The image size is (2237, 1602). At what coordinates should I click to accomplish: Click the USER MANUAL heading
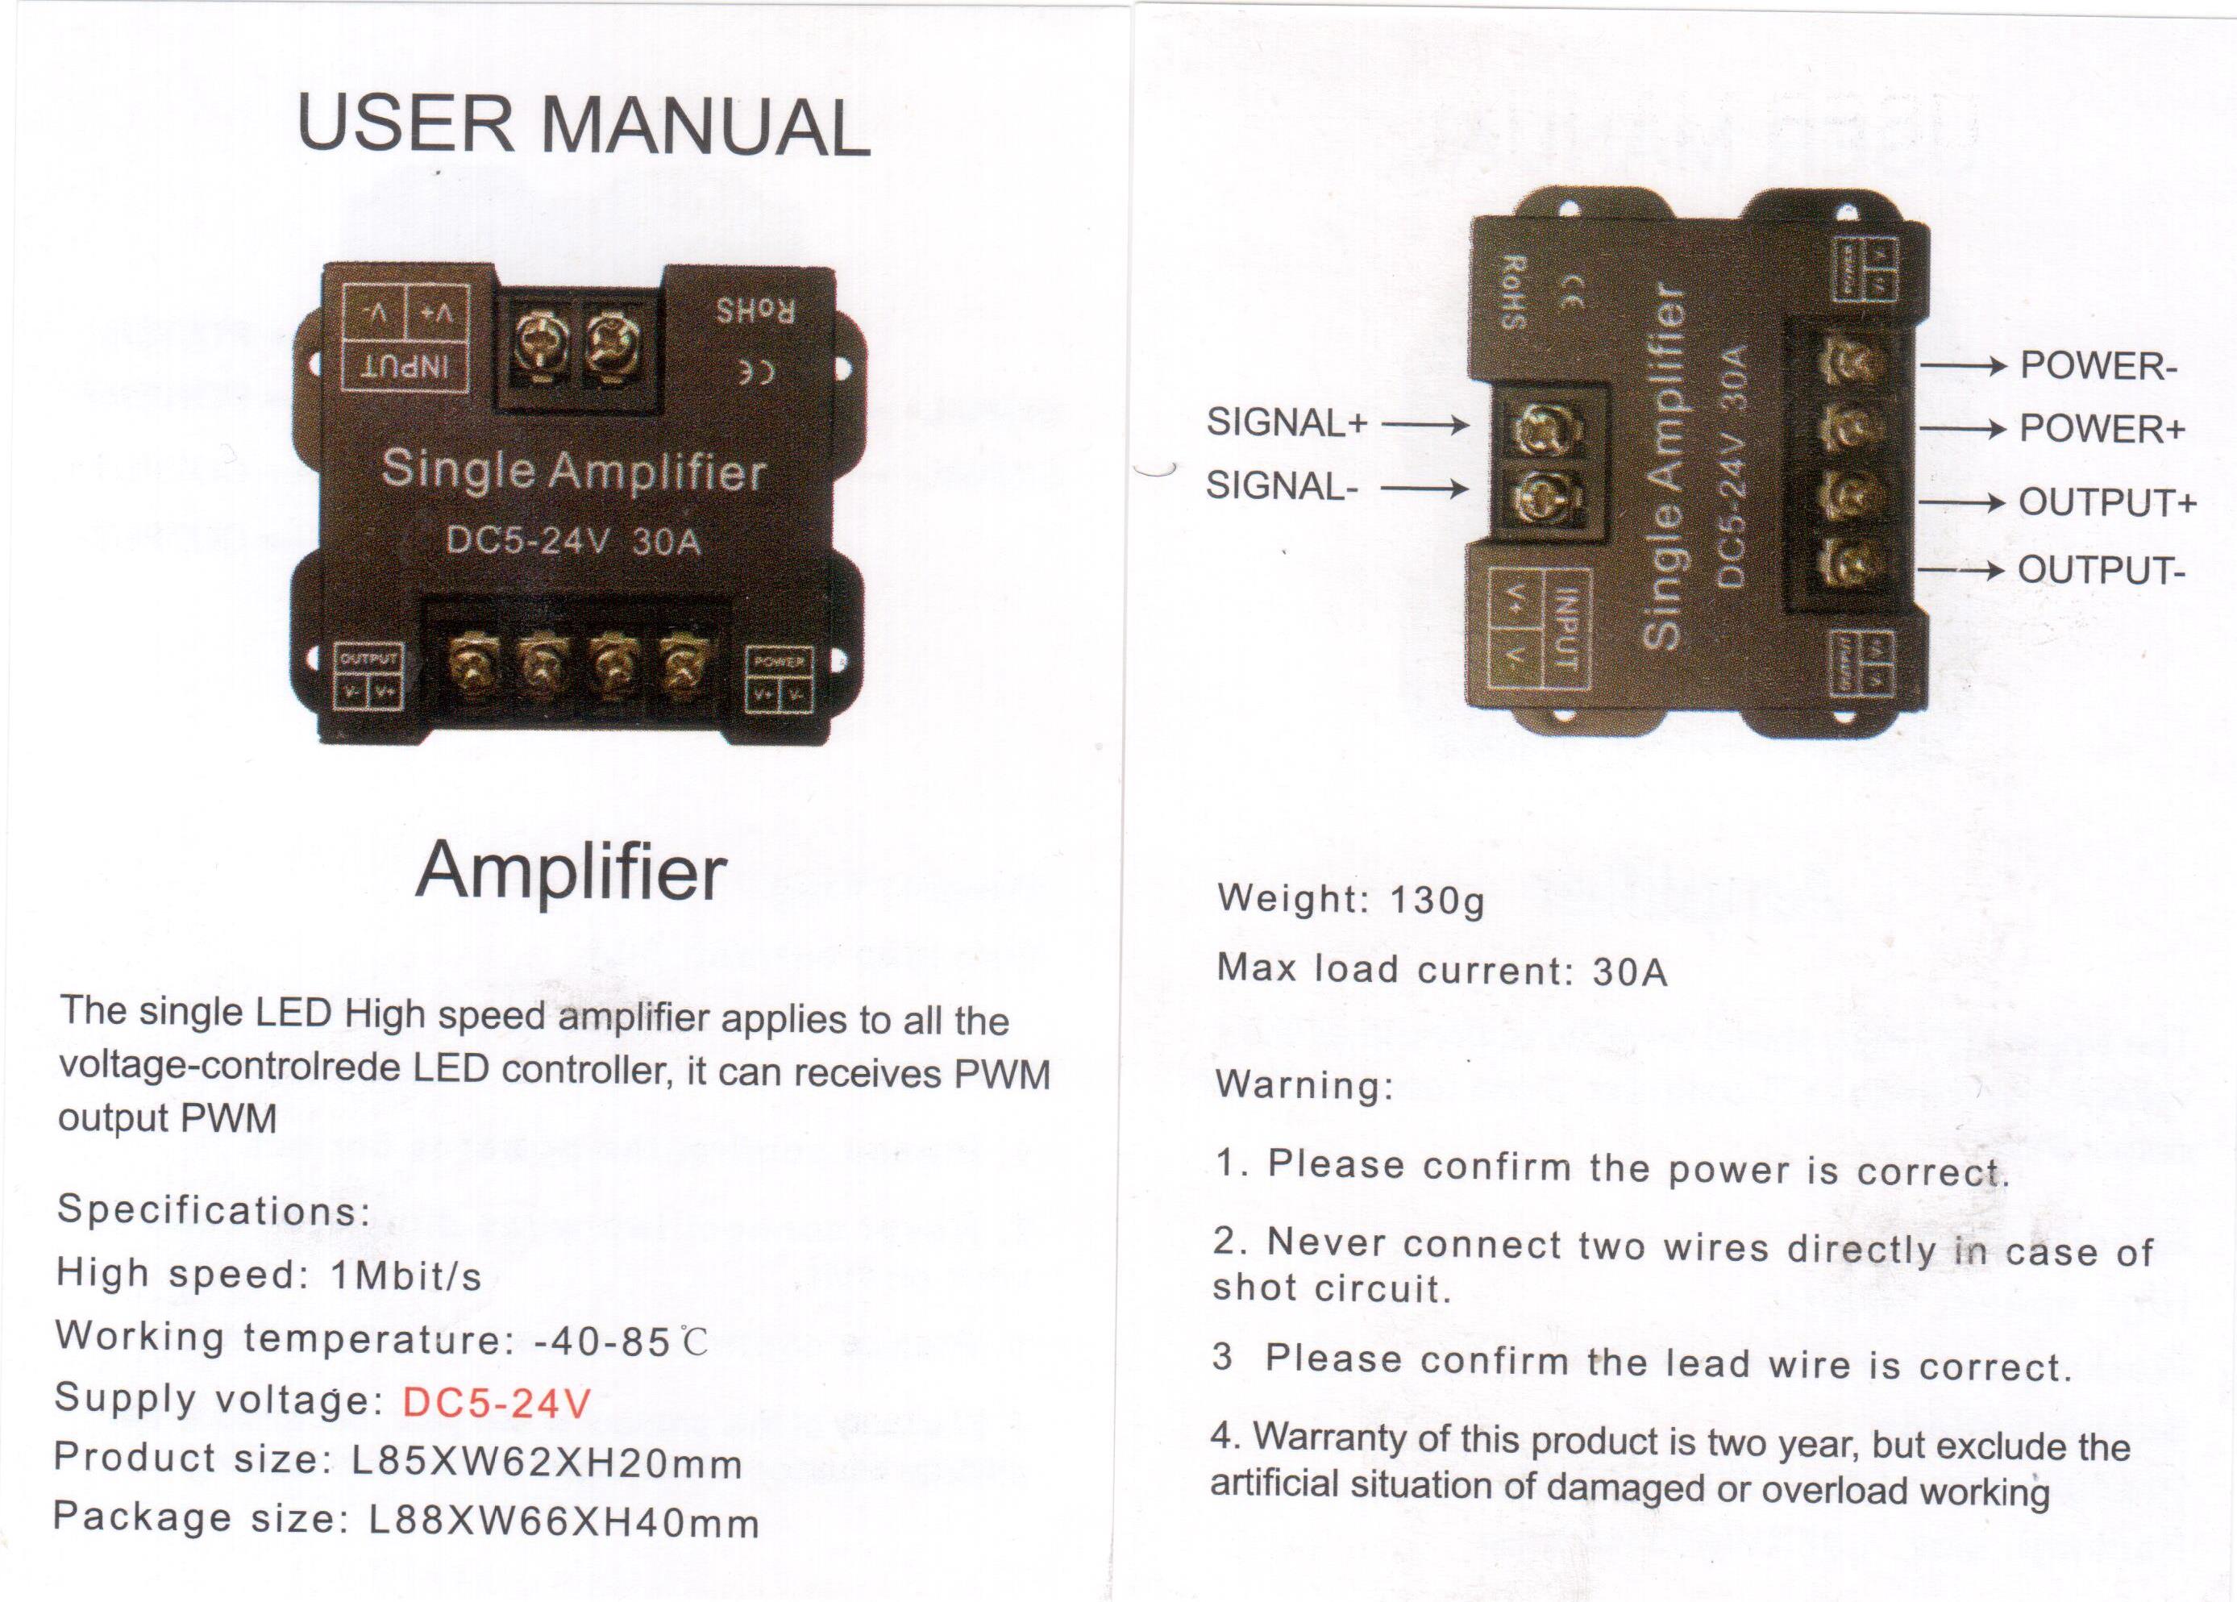coord(583,125)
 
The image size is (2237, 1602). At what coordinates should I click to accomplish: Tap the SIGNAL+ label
coord(1287,423)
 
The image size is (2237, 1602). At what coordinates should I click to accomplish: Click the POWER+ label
coord(2102,429)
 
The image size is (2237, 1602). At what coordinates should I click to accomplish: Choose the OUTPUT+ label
coord(2106,502)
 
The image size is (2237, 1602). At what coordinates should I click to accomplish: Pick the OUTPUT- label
coord(2102,569)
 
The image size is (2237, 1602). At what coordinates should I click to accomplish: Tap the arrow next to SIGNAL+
coord(1425,425)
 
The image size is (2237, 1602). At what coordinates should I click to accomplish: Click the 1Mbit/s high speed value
coord(405,1276)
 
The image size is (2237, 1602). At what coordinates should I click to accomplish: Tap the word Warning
coord(1304,1084)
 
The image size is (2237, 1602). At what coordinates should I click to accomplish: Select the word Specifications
coord(213,1209)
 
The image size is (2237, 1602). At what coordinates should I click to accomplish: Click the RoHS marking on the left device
coord(755,312)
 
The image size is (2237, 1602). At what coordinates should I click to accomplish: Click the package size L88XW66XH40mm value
coord(563,1523)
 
